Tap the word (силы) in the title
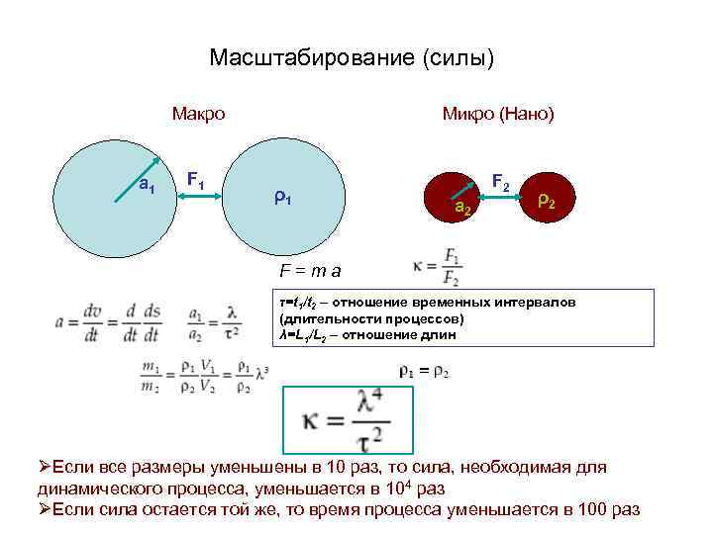point(458,58)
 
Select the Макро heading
point(198,114)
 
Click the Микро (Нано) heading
point(498,114)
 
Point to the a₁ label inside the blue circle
point(147,184)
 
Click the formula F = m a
point(310,269)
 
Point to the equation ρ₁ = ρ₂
point(423,371)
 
